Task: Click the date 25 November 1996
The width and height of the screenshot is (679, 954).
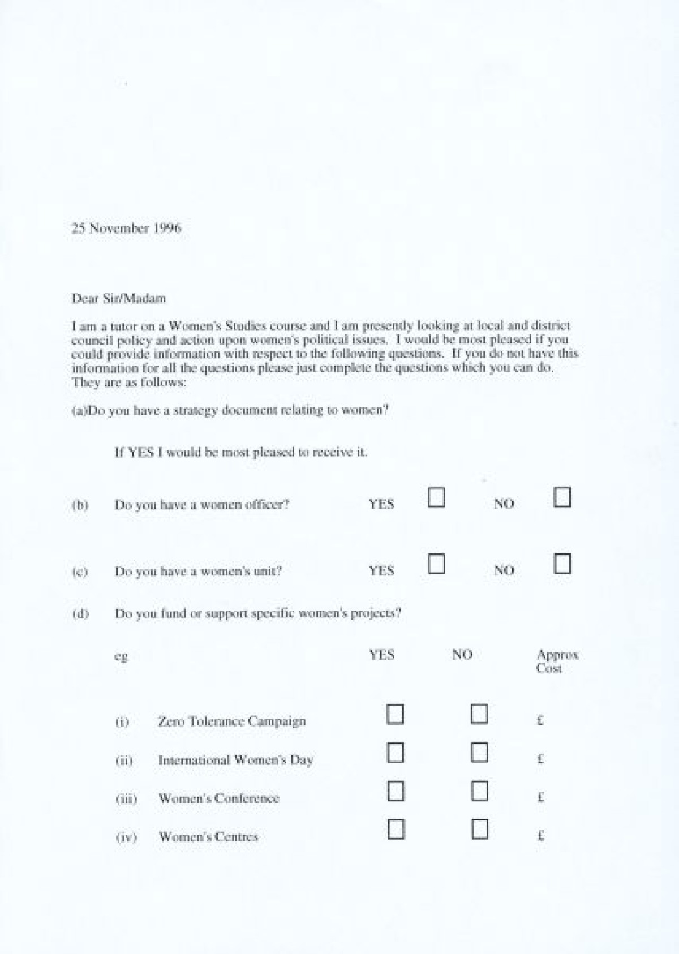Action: click(x=126, y=229)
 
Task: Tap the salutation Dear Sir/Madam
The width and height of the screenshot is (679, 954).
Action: click(x=118, y=298)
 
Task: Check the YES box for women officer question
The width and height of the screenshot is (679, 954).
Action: click(x=436, y=497)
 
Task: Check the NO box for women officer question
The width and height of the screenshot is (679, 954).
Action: click(x=562, y=497)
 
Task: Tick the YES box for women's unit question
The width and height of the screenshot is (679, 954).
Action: click(x=436, y=564)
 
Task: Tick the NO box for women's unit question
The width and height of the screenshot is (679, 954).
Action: click(x=562, y=564)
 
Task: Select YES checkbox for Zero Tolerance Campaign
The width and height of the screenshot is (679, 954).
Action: click(x=395, y=714)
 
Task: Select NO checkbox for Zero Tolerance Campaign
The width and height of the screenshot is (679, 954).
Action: click(x=479, y=714)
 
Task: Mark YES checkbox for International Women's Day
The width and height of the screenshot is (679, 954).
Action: click(x=395, y=753)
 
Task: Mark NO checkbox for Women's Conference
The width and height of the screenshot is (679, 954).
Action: click(x=479, y=791)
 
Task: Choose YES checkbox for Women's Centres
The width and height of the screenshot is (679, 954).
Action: click(x=396, y=830)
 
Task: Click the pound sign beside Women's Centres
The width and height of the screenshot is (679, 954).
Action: click(x=540, y=836)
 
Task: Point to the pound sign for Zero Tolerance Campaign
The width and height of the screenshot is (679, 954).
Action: click(x=540, y=721)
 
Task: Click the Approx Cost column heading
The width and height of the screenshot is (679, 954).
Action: click(x=557, y=661)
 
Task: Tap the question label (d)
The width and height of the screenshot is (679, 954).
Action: click(x=80, y=613)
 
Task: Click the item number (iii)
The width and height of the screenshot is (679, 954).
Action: click(x=126, y=798)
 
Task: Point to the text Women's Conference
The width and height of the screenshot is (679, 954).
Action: click(x=218, y=798)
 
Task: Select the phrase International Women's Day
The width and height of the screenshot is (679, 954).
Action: click(x=235, y=760)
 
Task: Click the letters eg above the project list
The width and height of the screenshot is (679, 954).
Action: click(x=121, y=656)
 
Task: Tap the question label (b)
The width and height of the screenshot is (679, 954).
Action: click(x=80, y=505)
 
